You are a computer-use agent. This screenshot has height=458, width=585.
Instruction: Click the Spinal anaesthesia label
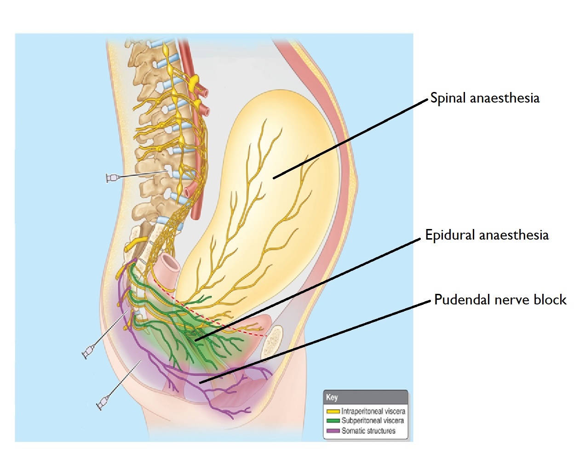click(485, 98)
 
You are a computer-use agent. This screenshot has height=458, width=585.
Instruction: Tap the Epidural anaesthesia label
click(487, 235)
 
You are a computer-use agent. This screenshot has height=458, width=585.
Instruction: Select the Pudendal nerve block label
click(500, 300)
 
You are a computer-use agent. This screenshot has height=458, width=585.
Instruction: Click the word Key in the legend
click(332, 397)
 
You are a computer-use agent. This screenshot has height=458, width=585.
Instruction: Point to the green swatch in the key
click(333, 421)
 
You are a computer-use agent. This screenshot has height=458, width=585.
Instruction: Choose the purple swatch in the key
click(333, 431)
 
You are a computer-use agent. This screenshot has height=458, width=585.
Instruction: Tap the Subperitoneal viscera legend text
click(373, 421)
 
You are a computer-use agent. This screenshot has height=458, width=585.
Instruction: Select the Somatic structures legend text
click(368, 431)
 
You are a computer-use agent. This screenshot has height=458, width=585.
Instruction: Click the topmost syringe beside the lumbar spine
click(112, 178)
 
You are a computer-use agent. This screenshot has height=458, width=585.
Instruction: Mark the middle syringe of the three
click(88, 352)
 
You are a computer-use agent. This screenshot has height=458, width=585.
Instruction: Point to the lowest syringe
click(102, 403)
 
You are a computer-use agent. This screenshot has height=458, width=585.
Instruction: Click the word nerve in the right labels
click(512, 300)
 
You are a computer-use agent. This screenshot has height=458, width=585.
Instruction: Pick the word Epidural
click(450, 235)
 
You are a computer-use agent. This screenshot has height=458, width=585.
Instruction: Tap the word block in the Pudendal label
click(550, 300)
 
